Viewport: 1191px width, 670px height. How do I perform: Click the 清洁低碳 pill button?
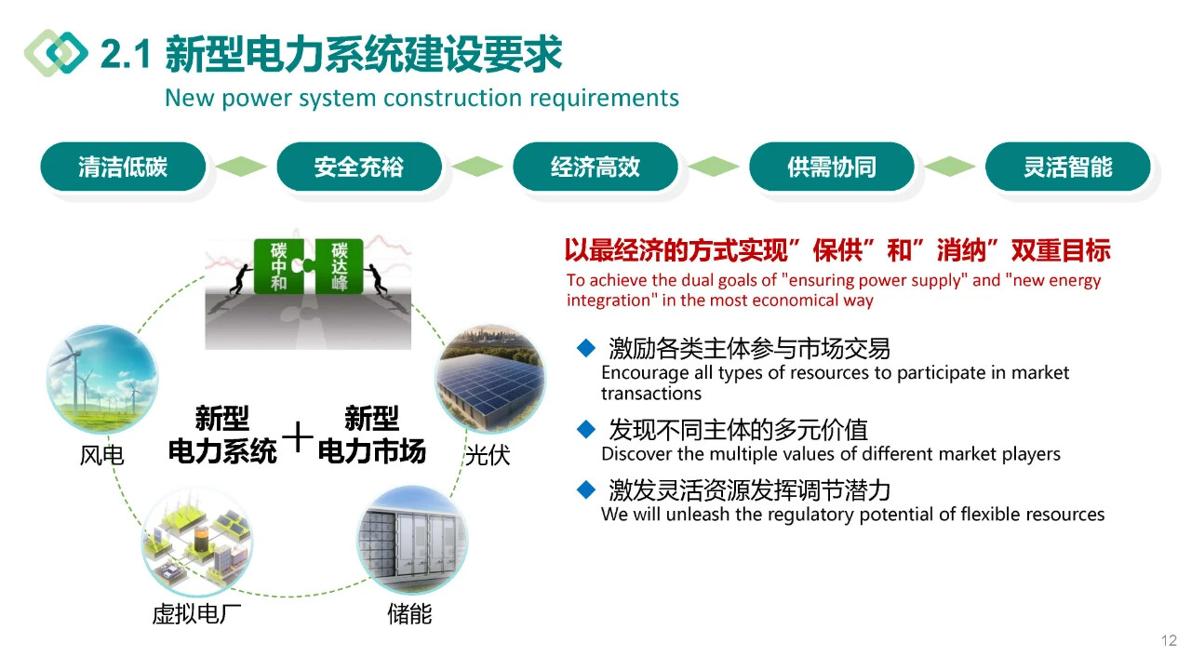(123, 167)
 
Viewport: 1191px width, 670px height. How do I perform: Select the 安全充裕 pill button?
(359, 167)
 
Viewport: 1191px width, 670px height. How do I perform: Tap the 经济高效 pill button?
(595, 167)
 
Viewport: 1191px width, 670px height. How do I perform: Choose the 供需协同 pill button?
(832, 167)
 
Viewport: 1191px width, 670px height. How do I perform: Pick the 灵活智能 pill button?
(1067, 167)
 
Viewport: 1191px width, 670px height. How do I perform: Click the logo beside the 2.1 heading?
(56, 53)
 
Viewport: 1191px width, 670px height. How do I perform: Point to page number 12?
(1169, 640)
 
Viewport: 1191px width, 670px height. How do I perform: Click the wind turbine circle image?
(102, 378)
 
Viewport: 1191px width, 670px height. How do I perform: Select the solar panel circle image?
(490, 378)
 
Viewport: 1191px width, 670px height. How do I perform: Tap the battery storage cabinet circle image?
(412, 540)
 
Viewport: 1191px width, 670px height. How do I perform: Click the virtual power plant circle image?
(197, 542)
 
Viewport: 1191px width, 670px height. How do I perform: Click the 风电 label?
(101, 455)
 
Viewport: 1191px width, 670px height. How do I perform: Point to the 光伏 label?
(488, 455)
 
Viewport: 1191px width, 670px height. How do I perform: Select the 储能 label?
(409, 614)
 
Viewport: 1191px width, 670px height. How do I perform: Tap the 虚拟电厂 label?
(196, 614)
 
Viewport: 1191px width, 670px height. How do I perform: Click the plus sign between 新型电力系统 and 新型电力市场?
(297, 437)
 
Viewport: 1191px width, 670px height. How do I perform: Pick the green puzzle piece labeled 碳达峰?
(339, 266)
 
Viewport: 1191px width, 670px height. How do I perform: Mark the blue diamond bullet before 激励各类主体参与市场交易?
(586, 348)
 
